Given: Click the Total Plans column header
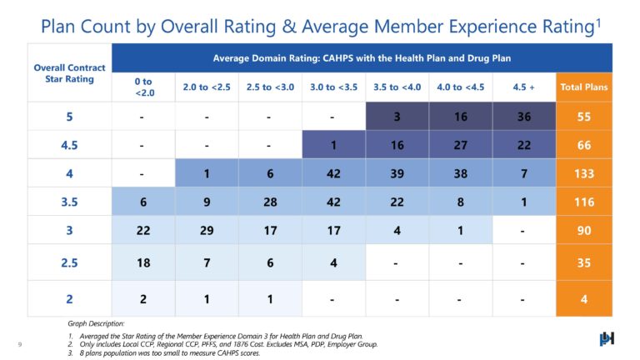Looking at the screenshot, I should (584, 86).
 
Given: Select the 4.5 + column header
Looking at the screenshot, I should (524, 86).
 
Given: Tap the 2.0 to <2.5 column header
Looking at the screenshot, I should (206, 86).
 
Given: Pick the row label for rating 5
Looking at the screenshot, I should (69, 116).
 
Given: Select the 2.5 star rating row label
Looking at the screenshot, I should (69, 264).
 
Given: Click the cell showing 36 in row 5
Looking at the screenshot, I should (524, 116).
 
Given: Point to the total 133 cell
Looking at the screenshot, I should (584, 174).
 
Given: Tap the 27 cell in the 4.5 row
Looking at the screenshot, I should (461, 145).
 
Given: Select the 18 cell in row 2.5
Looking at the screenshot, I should (142, 264).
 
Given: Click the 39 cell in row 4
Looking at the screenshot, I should (397, 174).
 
